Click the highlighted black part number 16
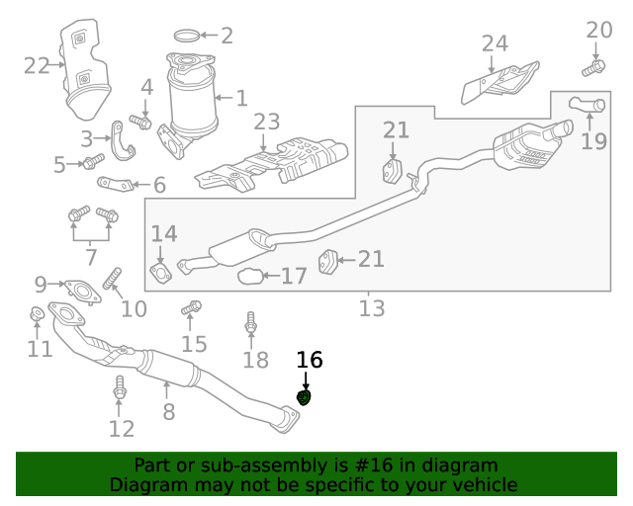(x=310, y=361)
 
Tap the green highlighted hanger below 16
(x=305, y=397)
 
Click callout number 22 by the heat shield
(x=37, y=66)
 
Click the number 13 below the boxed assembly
(x=371, y=308)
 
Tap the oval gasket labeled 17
(x=251, y=277)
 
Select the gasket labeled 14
(x=160, y=272)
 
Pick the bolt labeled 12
(x=121, y=387)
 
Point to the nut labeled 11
(x=36, y=315)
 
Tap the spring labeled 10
(x=112, y=279)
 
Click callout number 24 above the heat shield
(x=495, y=43)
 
